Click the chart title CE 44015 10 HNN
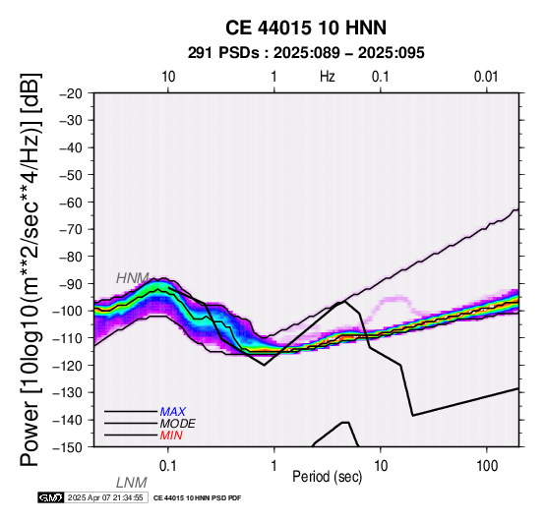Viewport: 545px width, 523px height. coord(306,28)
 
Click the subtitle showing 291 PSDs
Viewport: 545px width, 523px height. coord(306,53)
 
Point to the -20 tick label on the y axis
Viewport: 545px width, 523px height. coord(71,93)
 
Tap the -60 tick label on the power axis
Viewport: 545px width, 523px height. coord(71,203)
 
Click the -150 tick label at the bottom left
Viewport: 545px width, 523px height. coord(68,447)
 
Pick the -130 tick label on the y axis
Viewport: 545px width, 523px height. coord(68,393)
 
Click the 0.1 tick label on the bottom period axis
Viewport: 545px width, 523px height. coord(167,466)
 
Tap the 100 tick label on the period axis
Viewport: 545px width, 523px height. coord(487,466)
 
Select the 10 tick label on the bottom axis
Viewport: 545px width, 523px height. coord(381,466)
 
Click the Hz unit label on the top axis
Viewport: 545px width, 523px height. coord(328,77)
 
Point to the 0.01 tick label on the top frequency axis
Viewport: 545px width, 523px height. coord(486,77)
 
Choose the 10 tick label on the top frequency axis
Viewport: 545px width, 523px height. coord(168,77)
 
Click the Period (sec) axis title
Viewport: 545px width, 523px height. coord(328,477)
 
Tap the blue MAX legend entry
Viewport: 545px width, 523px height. coord(173,412)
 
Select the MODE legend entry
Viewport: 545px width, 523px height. coord(178,424)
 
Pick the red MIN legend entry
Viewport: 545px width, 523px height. coord(171,436)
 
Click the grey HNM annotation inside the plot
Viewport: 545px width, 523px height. coord(133,278)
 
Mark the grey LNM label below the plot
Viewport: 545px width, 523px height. coord(132,483)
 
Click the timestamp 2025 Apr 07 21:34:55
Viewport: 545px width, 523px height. coord(105,498)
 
